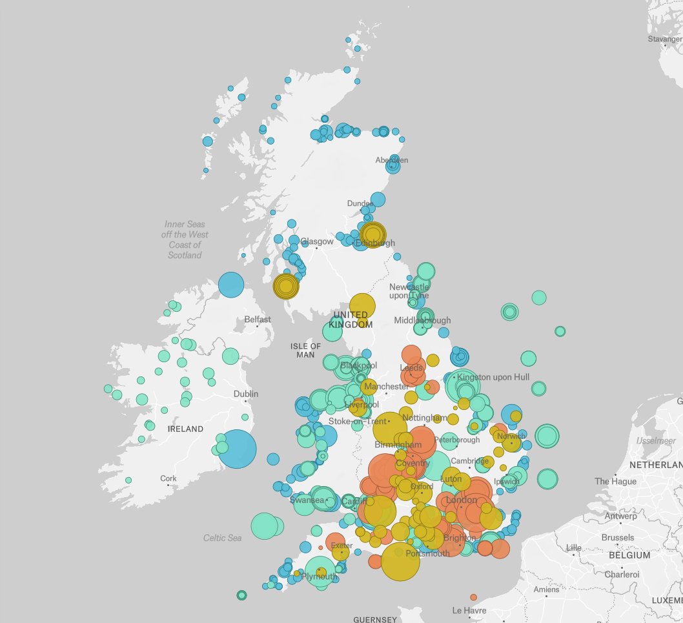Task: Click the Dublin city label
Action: tap(246, 394)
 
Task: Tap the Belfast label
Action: tap(257, 320)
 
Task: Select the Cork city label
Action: tap(168, 479)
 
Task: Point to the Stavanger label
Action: tap(664, 39)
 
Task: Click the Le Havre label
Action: tap(468, 610)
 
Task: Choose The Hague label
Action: tap(615, 482)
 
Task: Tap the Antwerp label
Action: tap(620, 516)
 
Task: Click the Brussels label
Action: tap(617, 538)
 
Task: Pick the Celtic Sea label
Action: tap(222, 538)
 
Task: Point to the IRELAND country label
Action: tap(185, 429)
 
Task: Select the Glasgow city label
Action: tap(316, 241)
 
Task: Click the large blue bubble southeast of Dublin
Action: tap(237, 449)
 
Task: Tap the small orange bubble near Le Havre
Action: tap(473, 597)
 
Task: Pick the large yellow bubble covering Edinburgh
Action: tap(372, 234)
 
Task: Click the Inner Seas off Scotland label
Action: tap(185, 240)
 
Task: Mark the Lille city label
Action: tap(573, 548)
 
